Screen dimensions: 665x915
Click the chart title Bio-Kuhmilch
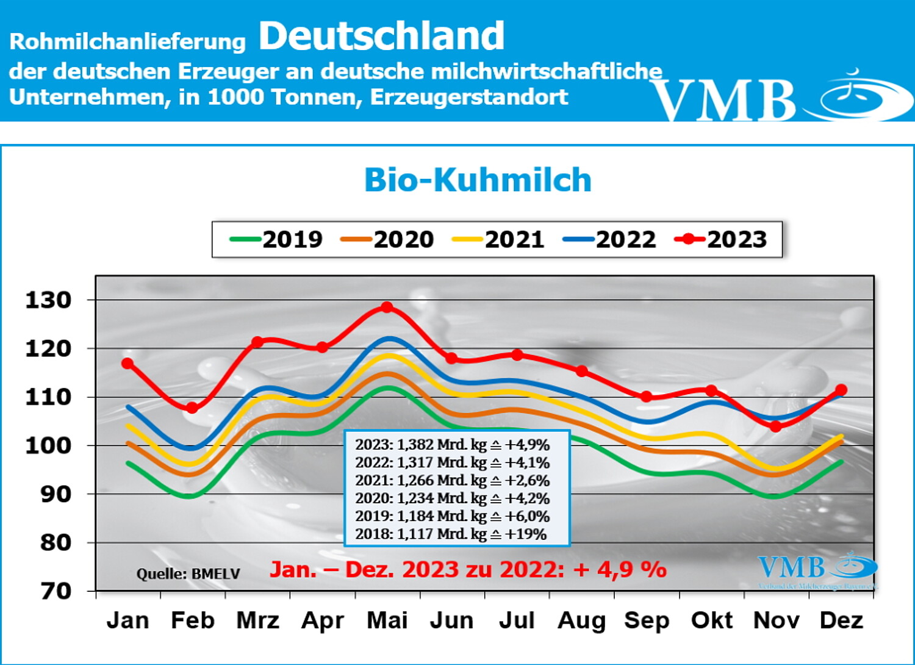[x=478, y=180]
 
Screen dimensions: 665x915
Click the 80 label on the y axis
[x=56, y=542]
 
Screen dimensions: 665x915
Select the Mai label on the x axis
[x=387, y=620]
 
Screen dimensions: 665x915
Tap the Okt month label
[x=711, y=620]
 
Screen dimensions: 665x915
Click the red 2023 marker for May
[x=387, y=307]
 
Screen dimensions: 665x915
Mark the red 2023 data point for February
[x=192, y=408]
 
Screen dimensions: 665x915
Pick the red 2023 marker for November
[x=776, y=426]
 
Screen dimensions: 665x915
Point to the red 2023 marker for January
[x=127, y=364]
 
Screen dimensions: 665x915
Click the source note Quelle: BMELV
[x=188, y=574]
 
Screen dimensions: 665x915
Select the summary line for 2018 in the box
[x=451, y=534]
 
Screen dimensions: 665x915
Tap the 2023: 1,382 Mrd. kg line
[x=452, y=444]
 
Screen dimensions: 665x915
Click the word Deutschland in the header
[x=381, y=36]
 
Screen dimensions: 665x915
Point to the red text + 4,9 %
[x=619, y=570]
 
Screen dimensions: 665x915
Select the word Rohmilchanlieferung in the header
[x=127, y=41]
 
